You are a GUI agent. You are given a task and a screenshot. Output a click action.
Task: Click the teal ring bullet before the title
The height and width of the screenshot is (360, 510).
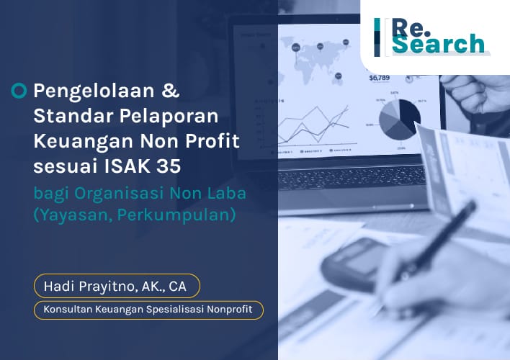click(x=20, y=91)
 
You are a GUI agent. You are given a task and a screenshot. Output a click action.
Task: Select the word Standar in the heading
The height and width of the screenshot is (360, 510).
click(x=66, y=116)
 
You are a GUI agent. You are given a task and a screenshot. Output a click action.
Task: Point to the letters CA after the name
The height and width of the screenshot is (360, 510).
click(x=176, y=286)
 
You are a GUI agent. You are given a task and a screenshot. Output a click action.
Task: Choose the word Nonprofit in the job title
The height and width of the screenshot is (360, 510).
click(x=233, y=310)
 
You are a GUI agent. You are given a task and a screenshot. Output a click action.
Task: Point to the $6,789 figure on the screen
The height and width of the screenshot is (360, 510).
click(x=379, y=78)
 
